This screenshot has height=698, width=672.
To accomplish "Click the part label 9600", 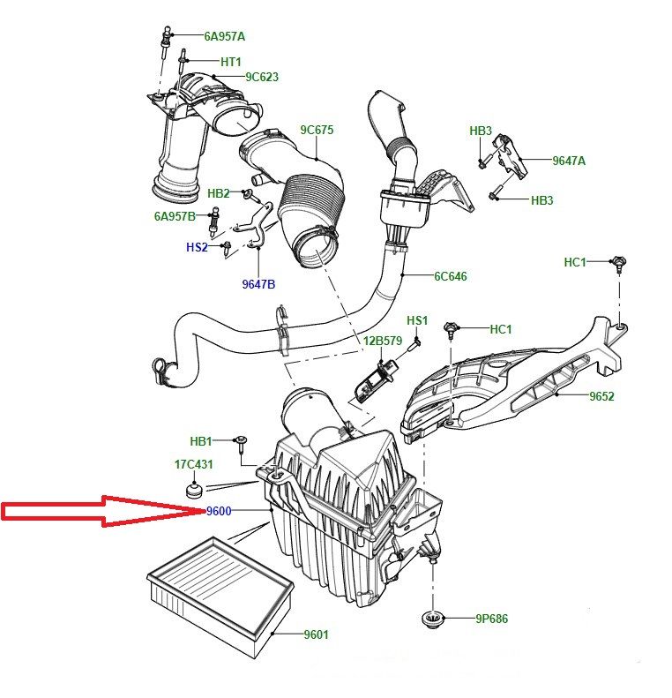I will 220,511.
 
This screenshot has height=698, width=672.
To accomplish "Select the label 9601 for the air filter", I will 317,634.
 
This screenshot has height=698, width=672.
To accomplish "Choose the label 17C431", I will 193,464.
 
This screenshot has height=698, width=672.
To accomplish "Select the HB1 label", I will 202,441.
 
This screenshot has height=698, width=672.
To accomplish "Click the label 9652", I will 602,397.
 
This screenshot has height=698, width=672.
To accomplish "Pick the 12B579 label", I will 383,341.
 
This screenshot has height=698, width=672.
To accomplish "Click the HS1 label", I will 417,319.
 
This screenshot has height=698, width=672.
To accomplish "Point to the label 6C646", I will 450,276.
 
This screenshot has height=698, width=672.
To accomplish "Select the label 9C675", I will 317,130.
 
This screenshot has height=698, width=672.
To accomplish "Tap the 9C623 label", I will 262,77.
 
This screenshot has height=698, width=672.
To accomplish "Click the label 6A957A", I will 224,36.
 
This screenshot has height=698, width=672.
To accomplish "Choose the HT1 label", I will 231,61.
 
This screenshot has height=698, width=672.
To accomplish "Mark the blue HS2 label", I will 197,247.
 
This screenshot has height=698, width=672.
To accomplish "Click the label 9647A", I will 569,161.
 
